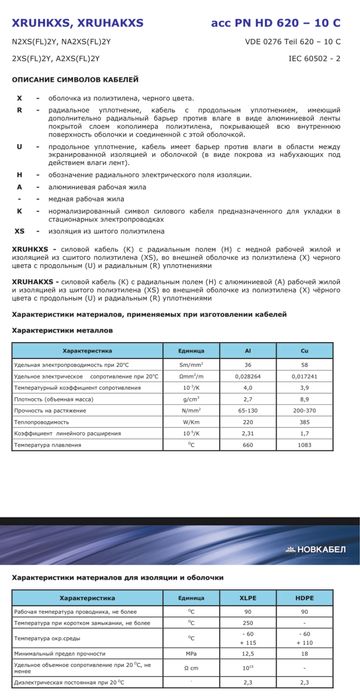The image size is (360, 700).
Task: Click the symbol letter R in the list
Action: [x=19, y=111]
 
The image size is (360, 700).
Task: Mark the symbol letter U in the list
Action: [x=19, y=147]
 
